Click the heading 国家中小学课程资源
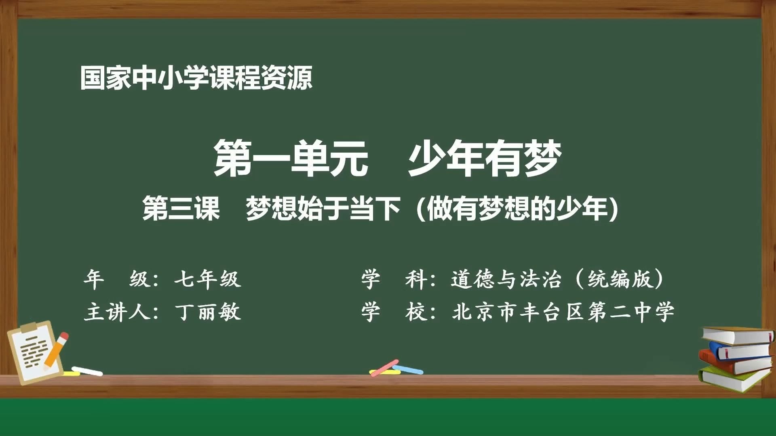tap(196, 78)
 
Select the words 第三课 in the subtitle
tap(181, 209)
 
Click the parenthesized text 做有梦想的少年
tap(517, 209)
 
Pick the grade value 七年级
tap(208, 279)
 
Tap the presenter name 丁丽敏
tap(208, 312)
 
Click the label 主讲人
tap(117, 312)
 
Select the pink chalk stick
tap(384, 367)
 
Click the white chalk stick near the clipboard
tap(87, 371)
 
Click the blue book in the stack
tap(742, 350)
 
